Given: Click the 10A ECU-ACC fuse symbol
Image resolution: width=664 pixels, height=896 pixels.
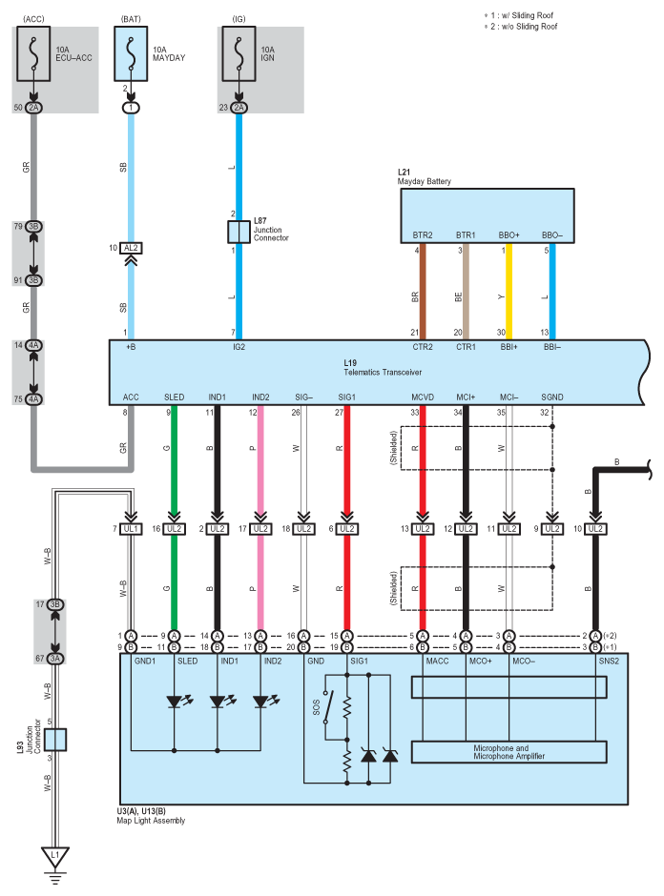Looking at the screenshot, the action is tap(33, 53).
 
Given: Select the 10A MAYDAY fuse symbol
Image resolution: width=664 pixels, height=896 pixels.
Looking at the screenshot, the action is tap(131, 53).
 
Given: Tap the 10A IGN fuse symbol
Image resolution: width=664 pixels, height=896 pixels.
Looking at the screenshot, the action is tap(239, 53).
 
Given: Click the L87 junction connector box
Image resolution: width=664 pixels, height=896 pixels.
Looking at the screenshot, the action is tap(239, 232).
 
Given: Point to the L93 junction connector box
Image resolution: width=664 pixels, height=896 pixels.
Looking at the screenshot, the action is tap(55, 740).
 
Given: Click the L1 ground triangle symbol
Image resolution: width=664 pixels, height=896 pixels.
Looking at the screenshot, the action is tap(55, 857).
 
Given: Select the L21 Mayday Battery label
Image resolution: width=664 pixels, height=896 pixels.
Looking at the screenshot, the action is tap(424, 176).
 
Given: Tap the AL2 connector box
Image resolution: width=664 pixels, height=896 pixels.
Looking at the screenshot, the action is tap(131, 248).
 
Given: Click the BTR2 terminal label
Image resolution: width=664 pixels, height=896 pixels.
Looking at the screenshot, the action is tap(423, 234).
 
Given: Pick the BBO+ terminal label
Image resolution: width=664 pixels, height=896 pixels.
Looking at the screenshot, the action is tap(509, 234).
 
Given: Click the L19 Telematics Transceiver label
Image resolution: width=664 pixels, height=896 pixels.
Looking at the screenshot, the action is tap(383, 367).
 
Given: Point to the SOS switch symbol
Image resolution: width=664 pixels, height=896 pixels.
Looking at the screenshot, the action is tap(328, 707).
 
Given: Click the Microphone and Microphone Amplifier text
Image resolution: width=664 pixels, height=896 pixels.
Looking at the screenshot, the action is tap(509, 752).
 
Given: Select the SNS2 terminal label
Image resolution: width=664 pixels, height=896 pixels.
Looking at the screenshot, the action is tap(609, 662).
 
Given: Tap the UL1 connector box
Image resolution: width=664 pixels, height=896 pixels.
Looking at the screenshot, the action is tap(131, 529).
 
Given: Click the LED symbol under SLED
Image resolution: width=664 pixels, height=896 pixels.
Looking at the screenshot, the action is tap(175, 702).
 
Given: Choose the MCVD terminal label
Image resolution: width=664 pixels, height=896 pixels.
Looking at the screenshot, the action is tap(423, 397).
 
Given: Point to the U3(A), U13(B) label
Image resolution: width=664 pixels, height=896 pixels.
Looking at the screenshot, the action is tap(141, 811).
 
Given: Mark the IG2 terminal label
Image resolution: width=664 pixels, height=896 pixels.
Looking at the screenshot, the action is tap(239, 347).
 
